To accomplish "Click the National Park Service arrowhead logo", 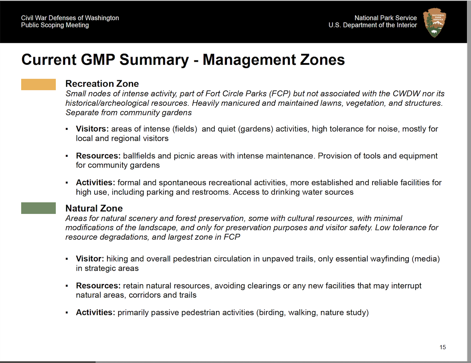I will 434,22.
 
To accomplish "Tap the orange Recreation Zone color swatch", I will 38,84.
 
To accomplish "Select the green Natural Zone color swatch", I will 38,208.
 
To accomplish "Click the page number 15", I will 443,347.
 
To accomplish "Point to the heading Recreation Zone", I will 102,84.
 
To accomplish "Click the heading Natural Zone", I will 94,208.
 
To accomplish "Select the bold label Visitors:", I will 92,129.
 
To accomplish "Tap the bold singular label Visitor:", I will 90,259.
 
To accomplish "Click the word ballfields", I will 139,156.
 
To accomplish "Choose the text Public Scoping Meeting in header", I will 55,25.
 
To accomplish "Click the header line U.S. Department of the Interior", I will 372,25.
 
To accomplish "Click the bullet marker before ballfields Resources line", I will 67,156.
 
